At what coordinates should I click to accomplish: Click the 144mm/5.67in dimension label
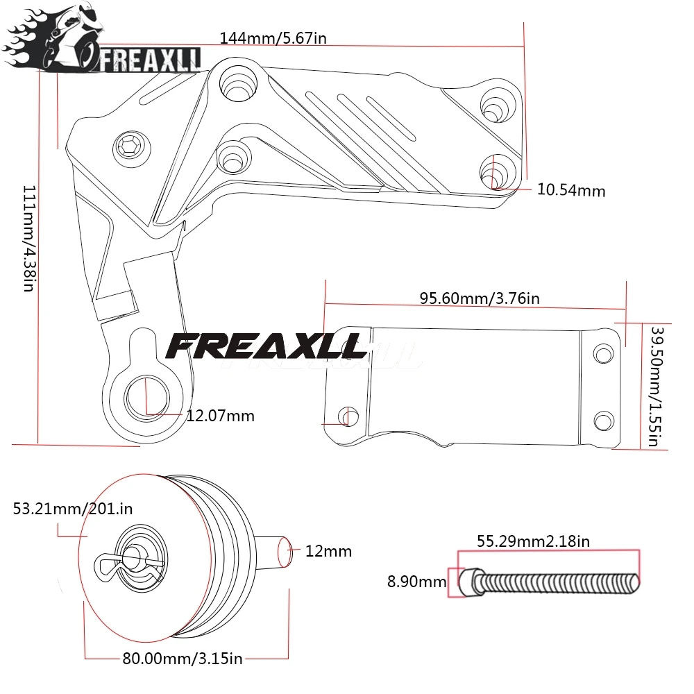273,37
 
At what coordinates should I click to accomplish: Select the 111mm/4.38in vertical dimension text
28,238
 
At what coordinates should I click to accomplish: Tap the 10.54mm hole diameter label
570,190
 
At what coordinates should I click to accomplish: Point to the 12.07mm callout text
220,416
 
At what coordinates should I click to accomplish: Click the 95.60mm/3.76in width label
479,298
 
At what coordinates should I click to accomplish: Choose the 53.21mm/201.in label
73,509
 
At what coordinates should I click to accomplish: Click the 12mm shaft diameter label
328,551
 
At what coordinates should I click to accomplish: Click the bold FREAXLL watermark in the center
267,345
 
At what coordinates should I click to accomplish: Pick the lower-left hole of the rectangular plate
346,416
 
